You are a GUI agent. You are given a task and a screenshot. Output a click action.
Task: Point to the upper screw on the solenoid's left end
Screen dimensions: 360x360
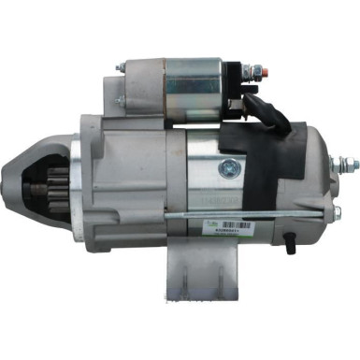(120, 68)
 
